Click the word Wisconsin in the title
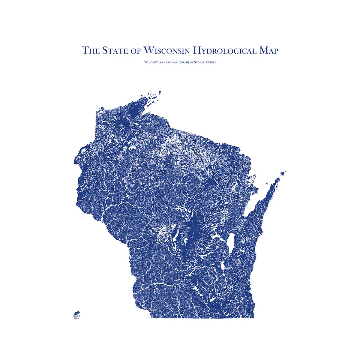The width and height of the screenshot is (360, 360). pyautogui.click(x=167, y=50)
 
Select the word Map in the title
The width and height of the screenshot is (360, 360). pyautogui.click(x=268, y=50)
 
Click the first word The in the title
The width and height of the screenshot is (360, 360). pyautogui.click(x=91, y=50)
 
